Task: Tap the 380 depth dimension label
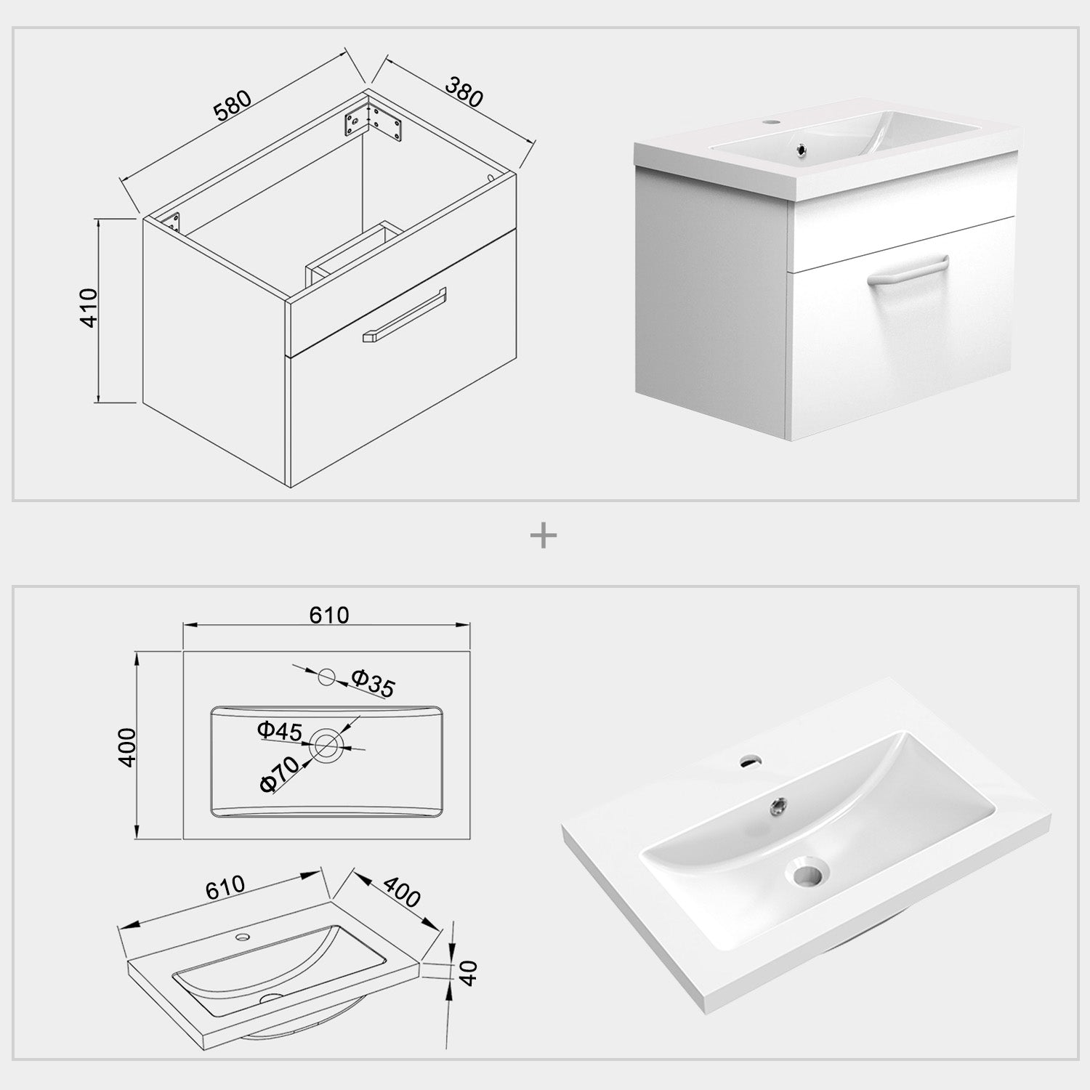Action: coord(463,92)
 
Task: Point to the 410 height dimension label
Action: coord(88,307)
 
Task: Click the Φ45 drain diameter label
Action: coord(280,731)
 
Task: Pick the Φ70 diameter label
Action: coord(279,773)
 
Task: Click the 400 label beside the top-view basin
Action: coord(127,746)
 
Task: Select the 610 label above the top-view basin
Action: coord(329,615)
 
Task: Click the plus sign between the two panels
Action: coord(544,537)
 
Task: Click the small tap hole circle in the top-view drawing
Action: coord(327,677)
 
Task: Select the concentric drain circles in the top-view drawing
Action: coord(326,743)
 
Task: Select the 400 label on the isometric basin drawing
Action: coord(402,892)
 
